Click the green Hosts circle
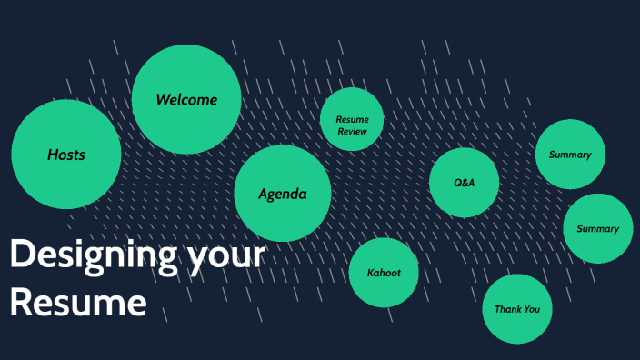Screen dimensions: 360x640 point(65,155)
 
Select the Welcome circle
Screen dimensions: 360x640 point(186,99)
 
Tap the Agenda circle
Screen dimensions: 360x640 point(282,194)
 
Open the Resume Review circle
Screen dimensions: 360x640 point(352,119)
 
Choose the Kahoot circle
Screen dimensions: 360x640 point(384,273)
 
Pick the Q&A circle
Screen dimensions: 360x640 point(464,183)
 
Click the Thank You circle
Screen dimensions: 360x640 point(516,309)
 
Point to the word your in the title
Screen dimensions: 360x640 point(227,255)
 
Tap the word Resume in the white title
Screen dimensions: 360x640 point(78,302)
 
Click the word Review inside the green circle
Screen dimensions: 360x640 point(352,132)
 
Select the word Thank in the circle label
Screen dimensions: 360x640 point(507,309)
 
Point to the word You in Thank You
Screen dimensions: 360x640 point(532,309)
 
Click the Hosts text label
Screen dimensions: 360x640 point(66,155)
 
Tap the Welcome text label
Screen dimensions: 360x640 point(186,99)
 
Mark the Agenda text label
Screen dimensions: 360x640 point(282,194)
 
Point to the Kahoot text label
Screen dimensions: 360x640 point(384,273)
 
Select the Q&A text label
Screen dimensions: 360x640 point(464,183)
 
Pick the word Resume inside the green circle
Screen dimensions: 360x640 point(352,120)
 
